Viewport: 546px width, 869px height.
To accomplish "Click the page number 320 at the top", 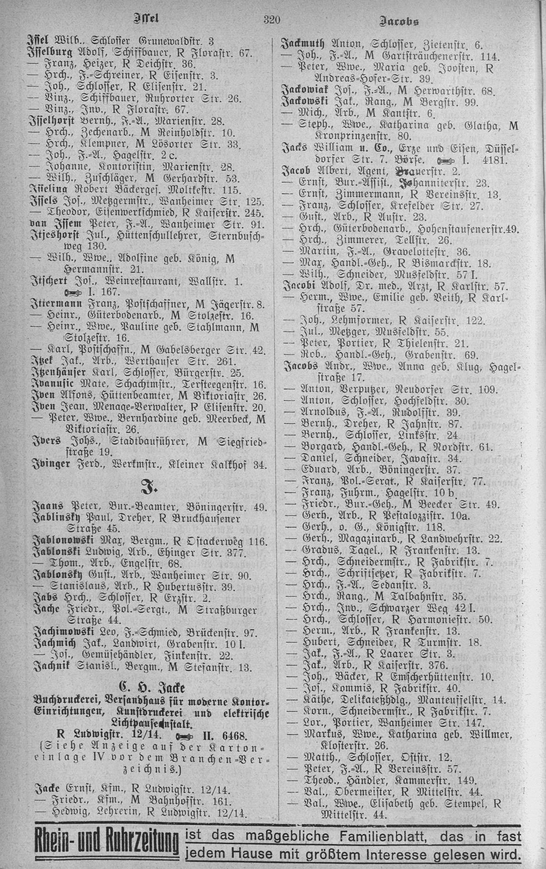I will [271, 20].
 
